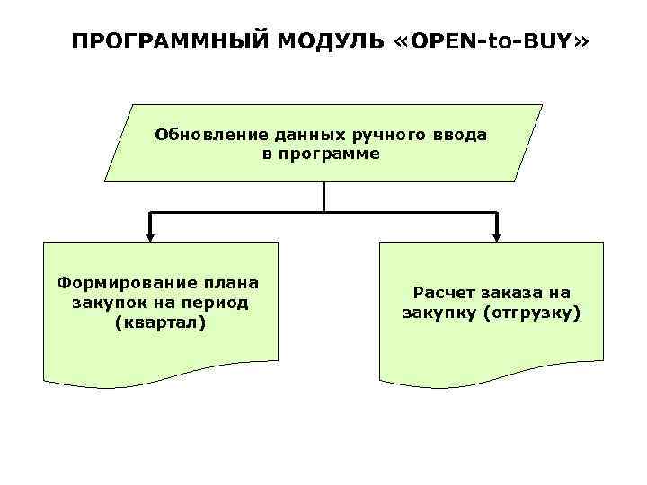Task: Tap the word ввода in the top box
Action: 459,135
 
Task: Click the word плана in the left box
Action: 229,283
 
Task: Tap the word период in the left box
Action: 212,303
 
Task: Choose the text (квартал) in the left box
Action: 160,322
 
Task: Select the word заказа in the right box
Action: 515,293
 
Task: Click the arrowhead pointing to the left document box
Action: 150,237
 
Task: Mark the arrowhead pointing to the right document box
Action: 496,237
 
